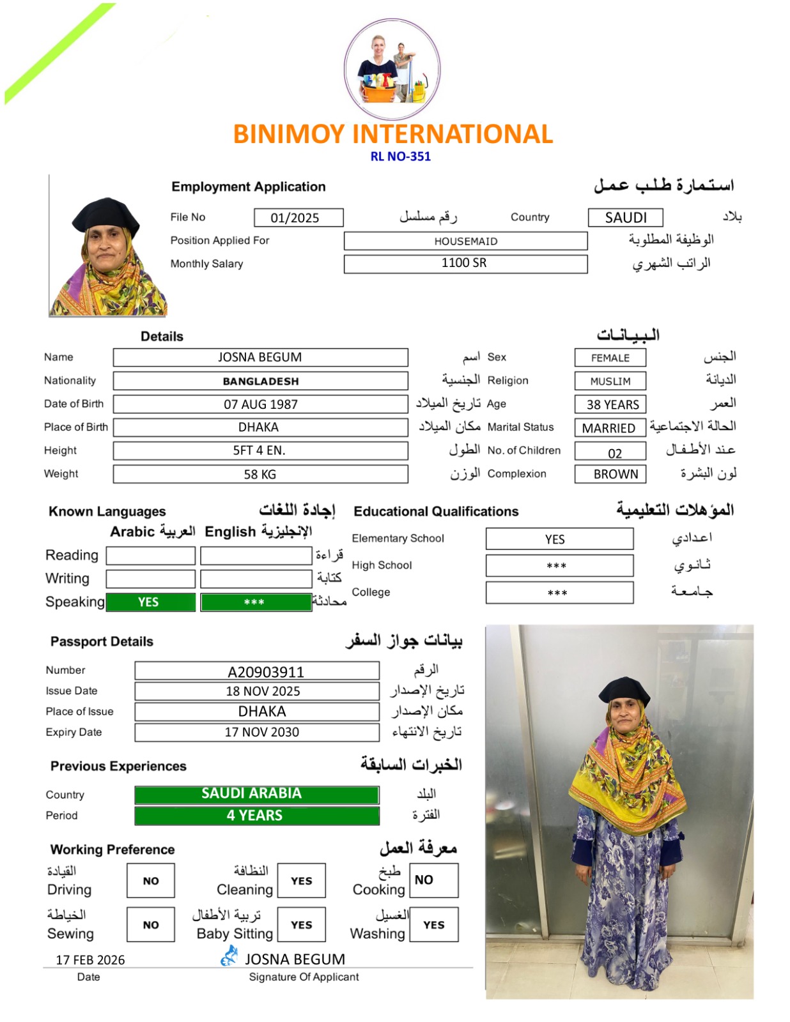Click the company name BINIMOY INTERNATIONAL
(392, 134)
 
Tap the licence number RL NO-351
(400, 156)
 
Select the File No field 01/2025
(298, 218)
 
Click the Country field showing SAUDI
(625, 218)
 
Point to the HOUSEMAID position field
(465, 241)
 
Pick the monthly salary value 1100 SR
(465, 263)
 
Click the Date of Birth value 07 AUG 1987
(260, 404)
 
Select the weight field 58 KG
(260, 474)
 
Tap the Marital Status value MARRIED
(610, 428)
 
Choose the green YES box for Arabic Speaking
(151, 602)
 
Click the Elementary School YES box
(559, 539)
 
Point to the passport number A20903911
(257, 671)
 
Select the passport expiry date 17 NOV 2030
(257, 732)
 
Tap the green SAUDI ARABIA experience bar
(256, 794)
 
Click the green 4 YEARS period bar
(256, 816)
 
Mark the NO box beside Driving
(151, 881)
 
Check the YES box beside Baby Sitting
(302, 924)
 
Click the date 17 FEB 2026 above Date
(90, 959)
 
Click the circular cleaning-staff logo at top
(392, 69)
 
